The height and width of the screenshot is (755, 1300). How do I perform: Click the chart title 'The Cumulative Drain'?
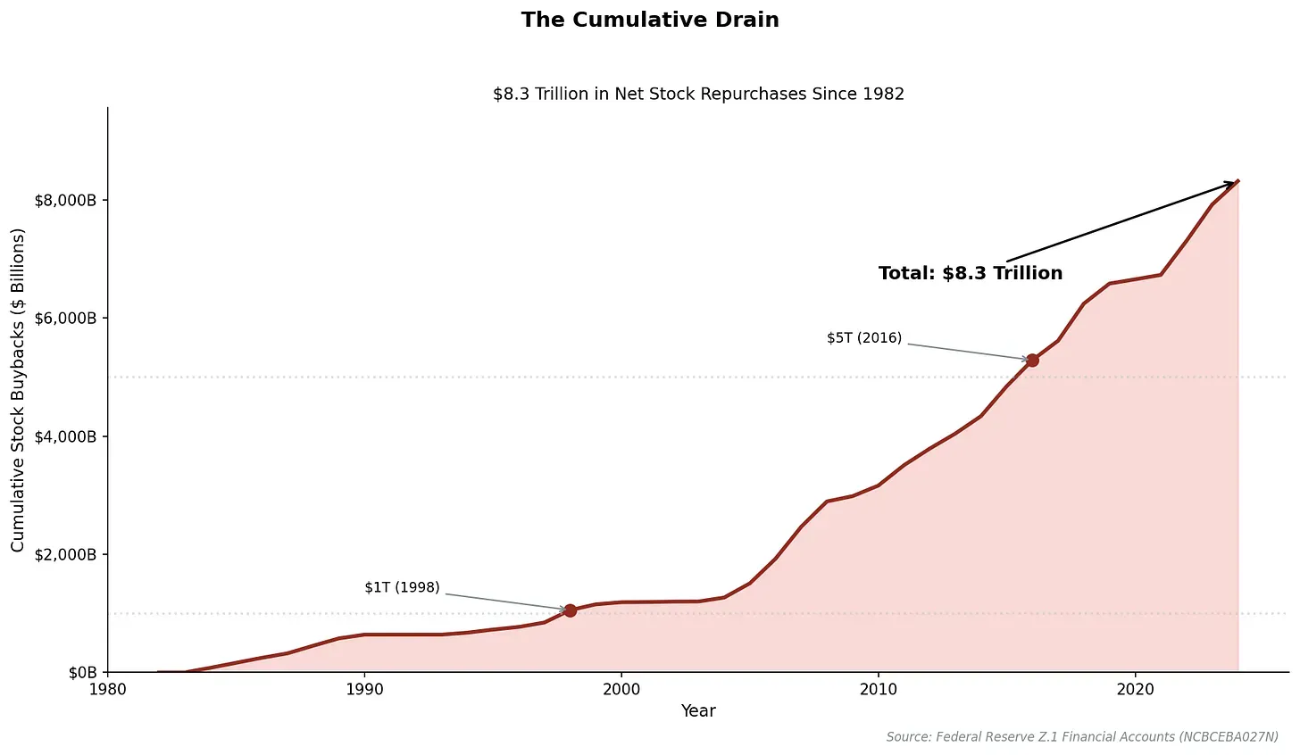pyautogui.click(x=650, y=20)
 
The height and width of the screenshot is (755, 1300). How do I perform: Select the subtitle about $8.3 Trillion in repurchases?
pyautogui.click(x=698, y=94)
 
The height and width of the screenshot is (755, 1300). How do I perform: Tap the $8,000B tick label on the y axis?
pyautogui.click(x=64, y=201)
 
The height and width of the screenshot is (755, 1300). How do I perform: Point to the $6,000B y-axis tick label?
pyautogui.click(x=64, y=319)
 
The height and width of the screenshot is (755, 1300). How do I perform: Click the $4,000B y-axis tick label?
pyautogui.click(x=64, y=436)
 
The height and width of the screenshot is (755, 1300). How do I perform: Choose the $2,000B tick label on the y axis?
pyautogui.click(x=64, y=554)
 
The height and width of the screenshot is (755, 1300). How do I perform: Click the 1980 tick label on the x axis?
pyautogui.click(x=107, y=690)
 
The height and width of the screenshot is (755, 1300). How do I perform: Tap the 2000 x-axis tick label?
pyautogui.click(x=621, y=690)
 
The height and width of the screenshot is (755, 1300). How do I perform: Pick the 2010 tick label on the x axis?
pyautogui.click(x=878, y=690)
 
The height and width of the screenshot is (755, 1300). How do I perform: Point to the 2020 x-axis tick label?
pyautogui.click(x=1135, y=690)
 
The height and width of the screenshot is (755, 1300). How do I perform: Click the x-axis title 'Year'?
pyautogui.click(x=698, y=711)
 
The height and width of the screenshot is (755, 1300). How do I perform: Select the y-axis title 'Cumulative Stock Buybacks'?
pyautogui.click(x=19, y=390)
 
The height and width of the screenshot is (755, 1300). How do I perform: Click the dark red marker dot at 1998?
pyautogui.click(x=571, y=610)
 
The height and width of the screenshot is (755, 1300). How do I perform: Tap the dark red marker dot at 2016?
pyautogui.click(x=1032, y=361)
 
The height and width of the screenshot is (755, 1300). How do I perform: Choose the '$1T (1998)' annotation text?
pyautogui.click(x=402, y=587)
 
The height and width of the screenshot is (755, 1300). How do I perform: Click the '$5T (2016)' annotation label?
pyautogui.click(x=864, y=338)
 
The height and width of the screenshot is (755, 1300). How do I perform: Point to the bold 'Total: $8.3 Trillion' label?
pyautogui.click(x=971, y=273)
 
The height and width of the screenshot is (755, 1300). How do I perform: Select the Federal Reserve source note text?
pyautogui.click(x=1082, y=737)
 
